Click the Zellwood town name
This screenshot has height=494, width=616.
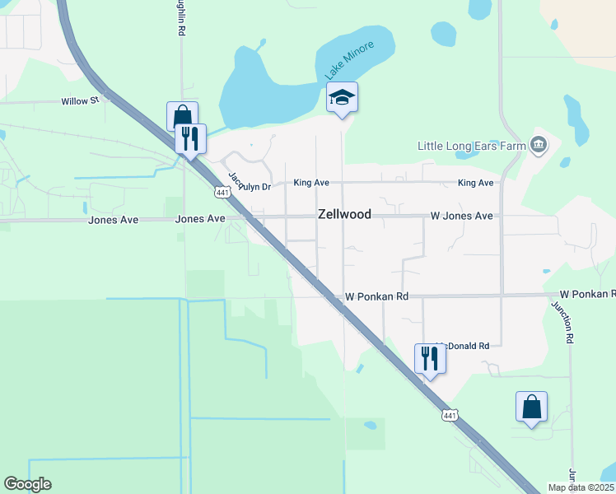(x=344, y=215)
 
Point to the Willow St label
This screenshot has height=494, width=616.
(x=80, y=101)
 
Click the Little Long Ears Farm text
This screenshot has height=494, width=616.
(x=472, y=147)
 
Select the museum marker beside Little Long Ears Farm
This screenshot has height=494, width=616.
(x=539, y=146)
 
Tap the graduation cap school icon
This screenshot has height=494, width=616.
(x=342, y=98)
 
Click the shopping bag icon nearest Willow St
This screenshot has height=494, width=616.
(x=182, y=116)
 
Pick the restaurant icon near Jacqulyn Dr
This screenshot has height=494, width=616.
(x=191, y=138)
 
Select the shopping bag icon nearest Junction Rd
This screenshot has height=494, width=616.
(x=531, y=407)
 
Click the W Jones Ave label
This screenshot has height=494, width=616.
(x=461, y=216)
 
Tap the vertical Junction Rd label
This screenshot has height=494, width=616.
(x=569, y=320)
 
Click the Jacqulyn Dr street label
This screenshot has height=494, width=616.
(x=249, y=184)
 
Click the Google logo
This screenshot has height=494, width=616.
(x=27, y=484)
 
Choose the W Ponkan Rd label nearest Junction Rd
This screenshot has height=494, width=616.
(x=587, y=294)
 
